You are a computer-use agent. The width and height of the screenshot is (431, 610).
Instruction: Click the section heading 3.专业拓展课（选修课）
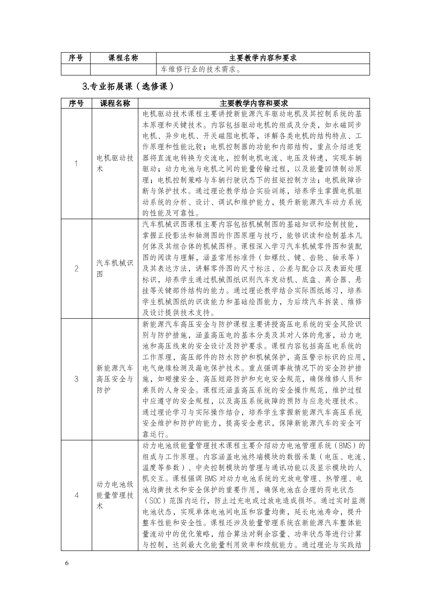[128, 86]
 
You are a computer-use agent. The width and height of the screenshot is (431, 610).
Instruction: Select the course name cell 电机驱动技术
[115, 163]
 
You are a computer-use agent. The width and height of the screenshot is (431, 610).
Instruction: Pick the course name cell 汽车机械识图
[115, 268]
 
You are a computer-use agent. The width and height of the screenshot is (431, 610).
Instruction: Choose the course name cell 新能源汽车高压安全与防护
[115, 379]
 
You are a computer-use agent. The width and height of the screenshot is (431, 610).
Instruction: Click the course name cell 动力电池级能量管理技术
[115, 495]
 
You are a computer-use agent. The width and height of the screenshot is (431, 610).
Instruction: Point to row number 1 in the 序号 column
[76, 163]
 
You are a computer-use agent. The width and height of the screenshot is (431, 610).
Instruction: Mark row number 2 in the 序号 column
[76, 268]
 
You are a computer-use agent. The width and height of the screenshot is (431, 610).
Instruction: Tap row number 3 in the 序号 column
[76, 379]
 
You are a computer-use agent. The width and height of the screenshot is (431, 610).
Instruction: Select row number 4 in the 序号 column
[76, 495]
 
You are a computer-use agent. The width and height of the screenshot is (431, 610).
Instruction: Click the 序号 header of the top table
[76, 58]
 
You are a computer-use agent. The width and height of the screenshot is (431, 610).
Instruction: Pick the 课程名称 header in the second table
[115, 103]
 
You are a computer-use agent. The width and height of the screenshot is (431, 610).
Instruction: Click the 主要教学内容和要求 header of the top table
[263, 58]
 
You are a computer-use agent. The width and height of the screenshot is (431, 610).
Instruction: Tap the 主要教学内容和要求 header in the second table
[254, 103]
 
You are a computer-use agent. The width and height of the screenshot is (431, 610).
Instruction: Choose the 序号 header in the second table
[76, 103]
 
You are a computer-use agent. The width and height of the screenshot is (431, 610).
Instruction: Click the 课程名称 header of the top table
[123, 58]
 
